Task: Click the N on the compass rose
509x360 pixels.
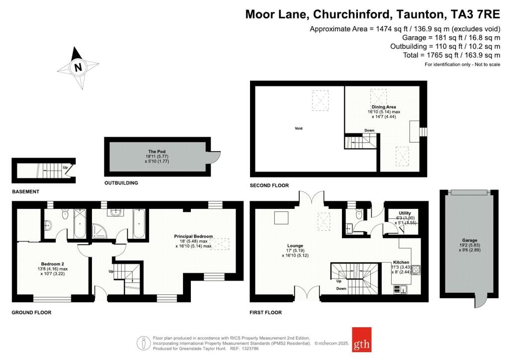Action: pyautogui.click(x=78, y=68)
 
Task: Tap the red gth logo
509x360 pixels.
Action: pyautogui.click(x=362, y=340)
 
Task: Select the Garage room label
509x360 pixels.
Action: pyautogui.click(x=469, y=241)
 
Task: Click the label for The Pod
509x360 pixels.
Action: pyautogui.click(x=157, y=152)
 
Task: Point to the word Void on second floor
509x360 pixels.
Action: pyautogui.click(x=299, y=129)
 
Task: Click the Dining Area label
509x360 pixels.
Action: pyautogui.click(x=384, y=107)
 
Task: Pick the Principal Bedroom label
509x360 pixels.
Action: pyautogui.click(x=193, y=236)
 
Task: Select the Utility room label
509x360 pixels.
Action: pyautogui.click(x=405, y=213)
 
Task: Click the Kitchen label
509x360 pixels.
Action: pyautogui.click(x=401, y=262)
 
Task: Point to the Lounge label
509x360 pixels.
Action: pyautogui.click(x=295, y=246)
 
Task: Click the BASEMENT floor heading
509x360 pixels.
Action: pyautogui.click(x=26, y=192)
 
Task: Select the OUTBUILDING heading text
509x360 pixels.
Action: pyautogui.click(x=121, y=183)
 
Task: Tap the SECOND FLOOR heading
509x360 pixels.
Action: pyautogui.click(x=269, y=185)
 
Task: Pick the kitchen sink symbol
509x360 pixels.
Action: pyautogui.click(x=401, y=289)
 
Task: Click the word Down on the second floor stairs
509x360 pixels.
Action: pyautogui.click(x=369, y=130)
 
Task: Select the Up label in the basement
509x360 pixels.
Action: pyautogui.click(x=65, y=168)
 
